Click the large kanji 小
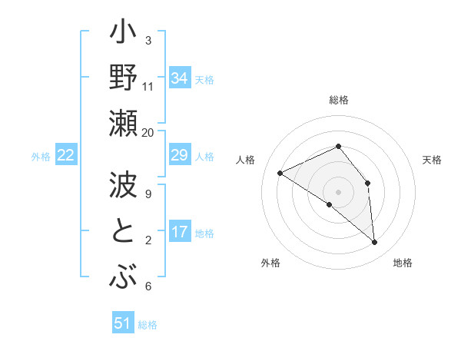tap(123, 35)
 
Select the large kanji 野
tap(123, 79)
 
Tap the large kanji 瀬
tap(123, 124)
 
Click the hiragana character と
tap(123, 232)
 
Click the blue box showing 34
tap(180, 78)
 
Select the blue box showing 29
tap(180, 156)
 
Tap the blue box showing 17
tap(180, 232)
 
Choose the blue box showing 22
tap(66, 156)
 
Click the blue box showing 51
tap(123, 323)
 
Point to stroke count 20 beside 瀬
tap(148, 132)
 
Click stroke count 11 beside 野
tap(148, 86)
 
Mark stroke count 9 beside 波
tap(148, 194)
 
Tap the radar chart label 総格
tap(338, 100)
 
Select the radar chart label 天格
tap(432, 160)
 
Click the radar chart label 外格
tap(270, 263)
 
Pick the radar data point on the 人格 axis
tap(280, 173)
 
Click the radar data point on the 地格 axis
tap(375, 243)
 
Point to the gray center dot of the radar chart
tap(338, 191)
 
